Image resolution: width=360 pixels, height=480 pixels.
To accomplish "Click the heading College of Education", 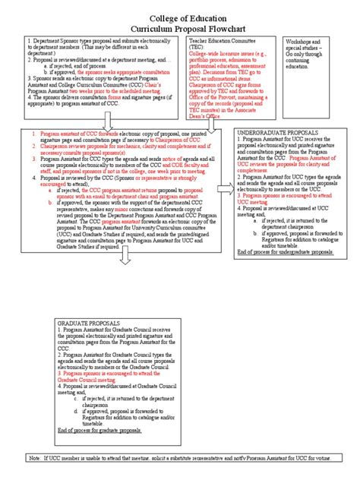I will [x=180, y=8].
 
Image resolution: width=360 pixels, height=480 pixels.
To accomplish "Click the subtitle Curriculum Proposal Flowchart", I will [x=180, y=21].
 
